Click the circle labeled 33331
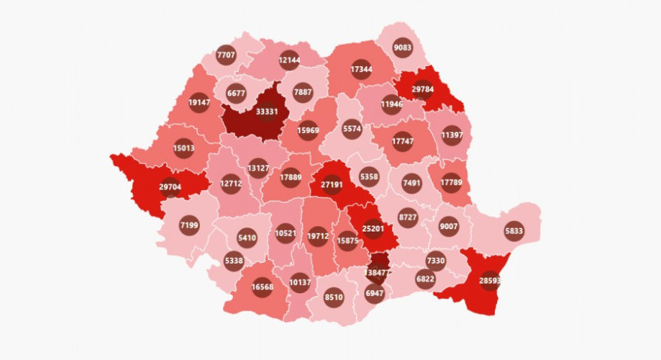pos(266,112)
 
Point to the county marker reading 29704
pos(170,187)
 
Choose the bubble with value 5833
pos(514,231)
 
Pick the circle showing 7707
pos(225,55)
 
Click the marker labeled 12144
pos(289,59)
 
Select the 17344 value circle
pos(361,70)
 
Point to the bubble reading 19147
pos(199,102)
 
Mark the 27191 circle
pos(332,183)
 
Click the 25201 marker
pos(373,228)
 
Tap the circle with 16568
pos(262,288)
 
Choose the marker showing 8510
pos(334,297)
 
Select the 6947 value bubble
pos(373,292)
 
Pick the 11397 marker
pos(451,136)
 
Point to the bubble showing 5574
pos(352,129)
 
